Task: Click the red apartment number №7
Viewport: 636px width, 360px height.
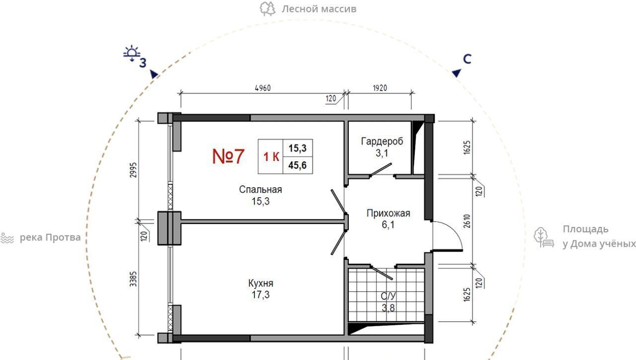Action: tap(228, 156)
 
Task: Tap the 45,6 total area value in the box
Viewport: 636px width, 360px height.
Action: tap(298, 165)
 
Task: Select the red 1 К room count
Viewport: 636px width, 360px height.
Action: tap(271, 156)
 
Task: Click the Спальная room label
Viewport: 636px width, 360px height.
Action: tap(260, 189)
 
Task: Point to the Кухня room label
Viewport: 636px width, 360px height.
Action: tap(261, 283)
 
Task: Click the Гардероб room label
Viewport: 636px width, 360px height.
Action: tap(382, 141)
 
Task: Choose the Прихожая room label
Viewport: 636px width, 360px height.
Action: tap(388, 213)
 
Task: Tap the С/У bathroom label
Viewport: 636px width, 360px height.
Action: tap(388, 296)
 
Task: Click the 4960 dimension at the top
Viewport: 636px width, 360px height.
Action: tap(263, 88)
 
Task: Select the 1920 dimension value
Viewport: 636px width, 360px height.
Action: tap(380, 88)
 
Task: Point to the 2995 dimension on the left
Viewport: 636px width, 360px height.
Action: tap(134, 170)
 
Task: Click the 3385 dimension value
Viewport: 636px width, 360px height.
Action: tap(134, 279)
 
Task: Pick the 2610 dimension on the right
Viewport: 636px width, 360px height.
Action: tap(467, 221)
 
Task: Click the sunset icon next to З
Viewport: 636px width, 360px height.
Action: tap(132, 53)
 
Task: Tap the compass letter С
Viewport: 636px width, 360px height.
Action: tap(467, 59)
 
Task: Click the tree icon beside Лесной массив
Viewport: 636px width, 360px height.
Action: tap(267, 9)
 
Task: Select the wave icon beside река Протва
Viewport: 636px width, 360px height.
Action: tap(7, 238)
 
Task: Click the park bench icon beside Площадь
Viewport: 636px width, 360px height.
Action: tap(544, 237)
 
